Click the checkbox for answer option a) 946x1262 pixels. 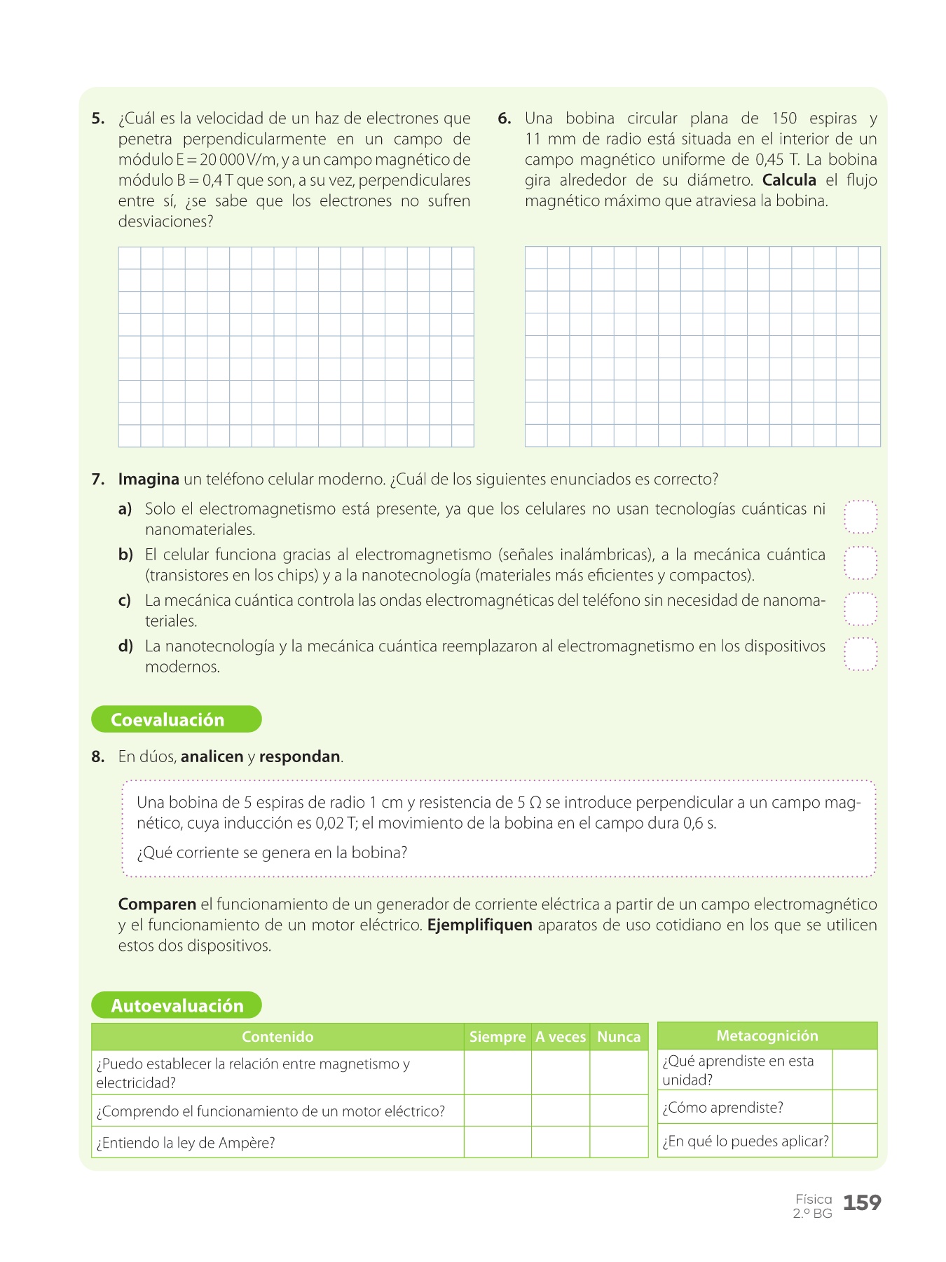click(861, 517)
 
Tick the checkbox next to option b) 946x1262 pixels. click(861, 563)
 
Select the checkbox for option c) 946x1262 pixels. click(861, 609)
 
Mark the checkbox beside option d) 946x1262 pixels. click(861, 654)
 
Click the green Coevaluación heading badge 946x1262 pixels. click(176, 719)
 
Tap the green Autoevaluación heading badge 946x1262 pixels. click(176, 1005)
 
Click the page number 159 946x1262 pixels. click(862, 1203)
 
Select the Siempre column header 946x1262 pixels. click(497, 1037)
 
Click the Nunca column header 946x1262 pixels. click(619, 1037)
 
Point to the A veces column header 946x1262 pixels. click(561, 1037)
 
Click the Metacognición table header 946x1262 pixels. click(767, 1036)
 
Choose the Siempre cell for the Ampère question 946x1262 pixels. click(497, 1142)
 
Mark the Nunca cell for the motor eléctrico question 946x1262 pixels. click(619, 1111)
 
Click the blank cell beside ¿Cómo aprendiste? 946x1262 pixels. click(854, 1107)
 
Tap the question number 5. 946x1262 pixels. click(97, 118)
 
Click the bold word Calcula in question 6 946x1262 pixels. click(789, 180)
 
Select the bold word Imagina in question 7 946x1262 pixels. click(149, 480)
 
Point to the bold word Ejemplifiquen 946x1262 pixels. click(479, 925)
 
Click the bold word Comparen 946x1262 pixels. click(157, 904)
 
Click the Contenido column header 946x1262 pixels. click(277, 1037)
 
